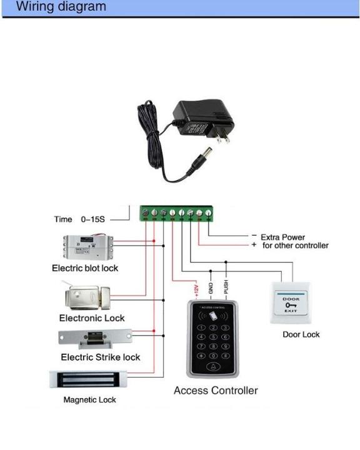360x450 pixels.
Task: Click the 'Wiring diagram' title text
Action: point(61,7)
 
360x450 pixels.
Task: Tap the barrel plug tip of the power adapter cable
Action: point(199,154)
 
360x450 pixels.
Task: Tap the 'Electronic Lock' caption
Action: point(92,318)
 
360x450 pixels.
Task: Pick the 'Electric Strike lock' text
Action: point(100,357)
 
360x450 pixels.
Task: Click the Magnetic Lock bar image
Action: point(89,380)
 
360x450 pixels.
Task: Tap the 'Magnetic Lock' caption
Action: point(89,400)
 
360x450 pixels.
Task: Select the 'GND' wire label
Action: point(211,288)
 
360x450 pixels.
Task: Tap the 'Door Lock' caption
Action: point(301,335)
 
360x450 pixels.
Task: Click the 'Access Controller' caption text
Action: point(216,391)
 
